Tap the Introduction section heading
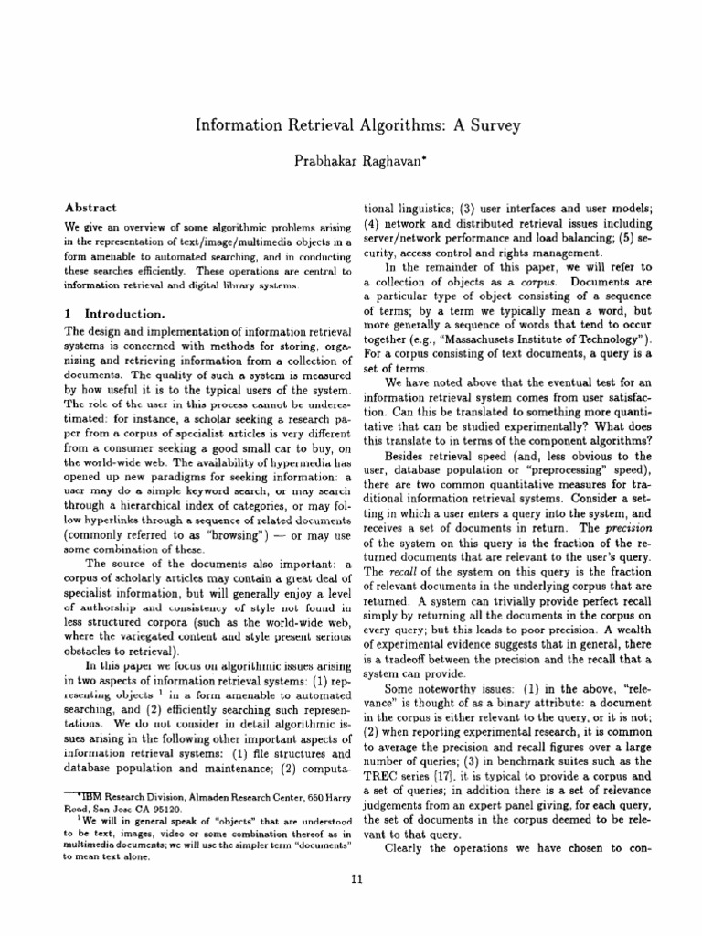click(124, 313)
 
